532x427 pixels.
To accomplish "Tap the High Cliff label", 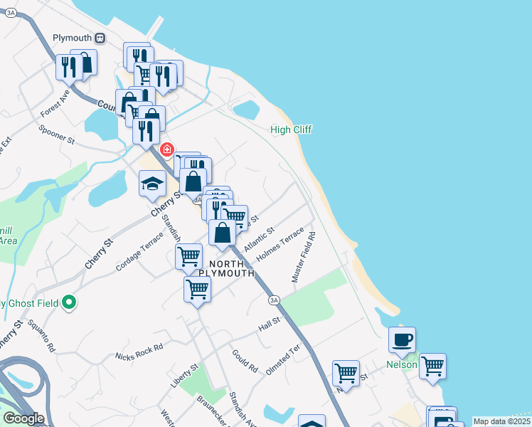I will (x=291, y=130).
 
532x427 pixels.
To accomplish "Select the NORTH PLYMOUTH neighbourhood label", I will (x=226, y=268).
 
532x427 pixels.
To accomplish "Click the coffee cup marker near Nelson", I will (x=402, y=340).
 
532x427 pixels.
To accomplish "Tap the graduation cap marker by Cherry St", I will (x=151, y=184).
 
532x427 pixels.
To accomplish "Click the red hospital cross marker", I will (x=167, y=149).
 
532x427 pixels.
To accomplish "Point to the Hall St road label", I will (x=270, y=324).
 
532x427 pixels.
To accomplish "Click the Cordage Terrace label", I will (x=139, y=253).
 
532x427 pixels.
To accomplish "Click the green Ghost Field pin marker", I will (x=69, y=303).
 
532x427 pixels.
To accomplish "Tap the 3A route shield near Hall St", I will (x=275, y=300).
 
